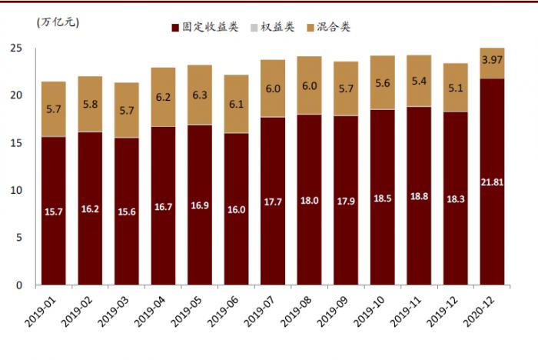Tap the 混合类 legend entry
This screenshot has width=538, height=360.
[334, 27]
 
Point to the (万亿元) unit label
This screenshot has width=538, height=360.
[58, 22]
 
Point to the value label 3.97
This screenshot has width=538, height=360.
[492, 60]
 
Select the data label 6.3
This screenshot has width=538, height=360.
[200, 95]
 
